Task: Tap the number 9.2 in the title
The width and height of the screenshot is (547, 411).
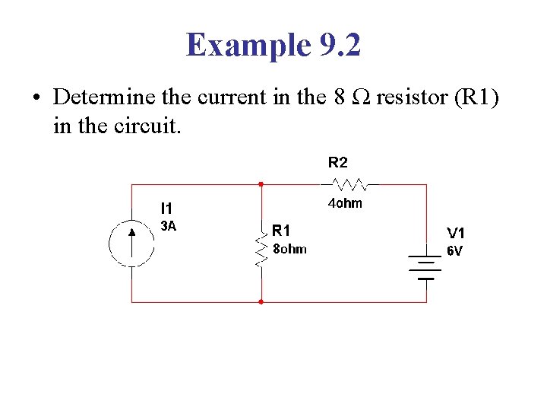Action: tap(337, 46)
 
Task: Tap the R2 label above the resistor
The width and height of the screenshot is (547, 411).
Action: tap(338, 162)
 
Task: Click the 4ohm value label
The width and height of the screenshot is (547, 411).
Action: tap(344, 203)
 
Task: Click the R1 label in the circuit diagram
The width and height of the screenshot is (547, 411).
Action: tap(281, 229)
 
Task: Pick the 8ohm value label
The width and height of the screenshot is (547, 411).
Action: tap(289, 249)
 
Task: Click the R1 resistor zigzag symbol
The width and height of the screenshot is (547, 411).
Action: tap(261, 249)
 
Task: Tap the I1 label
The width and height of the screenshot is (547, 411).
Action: tap(166, 208)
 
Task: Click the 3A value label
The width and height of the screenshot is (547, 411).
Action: tap(168, 225)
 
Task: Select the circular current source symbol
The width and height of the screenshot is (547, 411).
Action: tap(131, 244)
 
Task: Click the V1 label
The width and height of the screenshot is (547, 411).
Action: tap(456, 233)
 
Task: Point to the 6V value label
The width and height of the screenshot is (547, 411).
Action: tap(454, 250)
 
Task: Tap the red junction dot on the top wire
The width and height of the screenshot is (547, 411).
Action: tap(261, 184)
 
